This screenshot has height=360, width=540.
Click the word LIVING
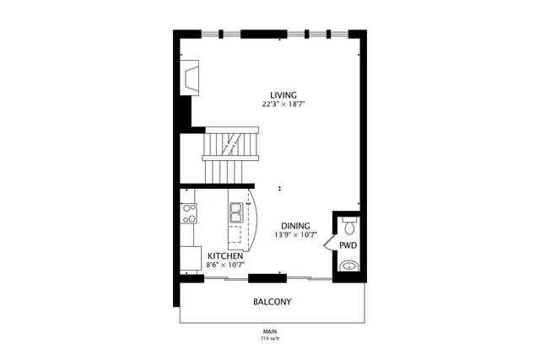point(283,94)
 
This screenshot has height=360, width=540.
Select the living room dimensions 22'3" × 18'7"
point(283,105)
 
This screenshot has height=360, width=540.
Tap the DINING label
point(295,226)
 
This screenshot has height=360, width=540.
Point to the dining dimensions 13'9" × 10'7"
point(295,236)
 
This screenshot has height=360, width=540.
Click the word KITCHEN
point(225,255)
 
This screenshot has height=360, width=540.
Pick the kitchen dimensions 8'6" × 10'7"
point(225,266)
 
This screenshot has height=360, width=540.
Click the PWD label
point(348,245)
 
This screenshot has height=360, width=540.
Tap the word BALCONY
point(273,301)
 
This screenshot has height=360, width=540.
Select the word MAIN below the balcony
point(270,331)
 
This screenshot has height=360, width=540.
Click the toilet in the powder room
point(349,225)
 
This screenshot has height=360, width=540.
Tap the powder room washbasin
point(349,267)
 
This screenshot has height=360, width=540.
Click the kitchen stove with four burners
point(188,211)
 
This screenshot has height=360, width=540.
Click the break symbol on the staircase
point(229,145)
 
